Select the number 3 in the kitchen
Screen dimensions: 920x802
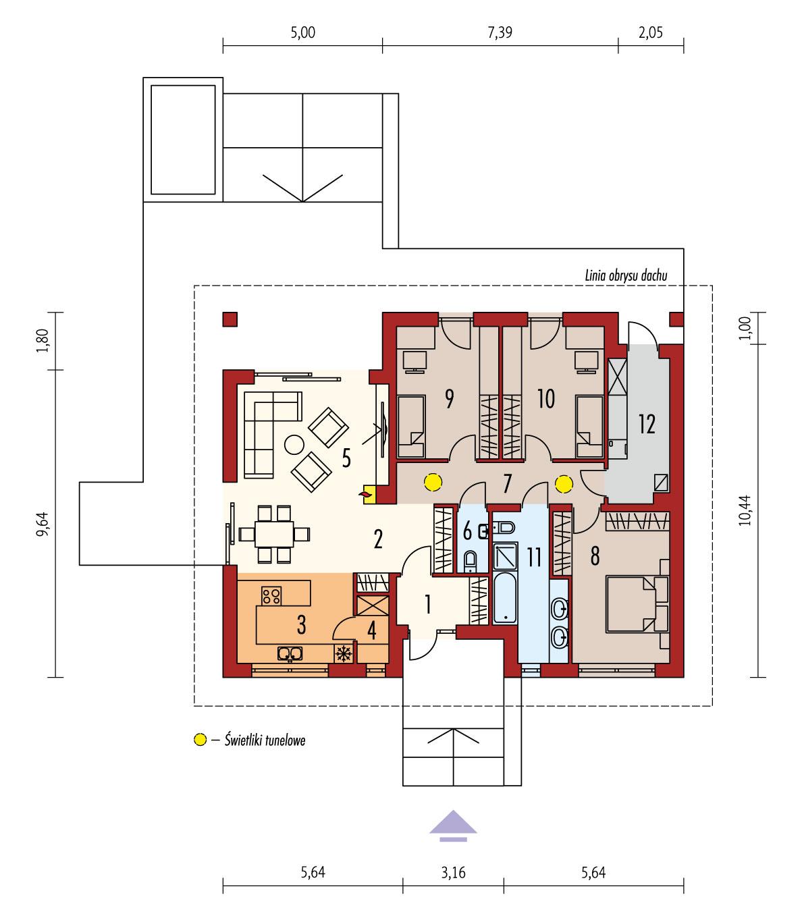click(x=301, y=624)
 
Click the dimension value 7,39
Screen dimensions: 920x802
click(x=500, y=34)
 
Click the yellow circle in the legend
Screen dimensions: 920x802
click(x=200, y=740)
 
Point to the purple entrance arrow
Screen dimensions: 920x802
click(x=453, y=826)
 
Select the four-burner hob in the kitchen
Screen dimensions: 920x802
click(x=271, y=595)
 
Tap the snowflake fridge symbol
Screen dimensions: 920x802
click(x=344, y=653)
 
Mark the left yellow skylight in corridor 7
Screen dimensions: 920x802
click(x=432, y=483)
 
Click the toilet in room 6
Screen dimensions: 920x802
click(x=471, y=559)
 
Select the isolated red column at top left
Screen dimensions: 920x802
click(x=230, y=319)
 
